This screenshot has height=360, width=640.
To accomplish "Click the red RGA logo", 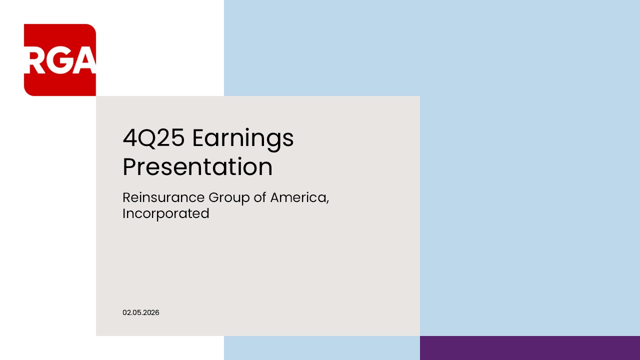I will click(60, 60).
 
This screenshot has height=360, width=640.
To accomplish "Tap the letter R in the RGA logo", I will click(35, 62).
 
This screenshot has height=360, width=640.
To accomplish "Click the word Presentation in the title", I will click(197, 167).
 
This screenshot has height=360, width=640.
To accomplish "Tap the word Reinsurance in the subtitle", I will click(163, 197).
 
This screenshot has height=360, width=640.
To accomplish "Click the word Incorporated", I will click(165, 214).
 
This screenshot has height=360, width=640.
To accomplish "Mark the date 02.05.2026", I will click(141, 312).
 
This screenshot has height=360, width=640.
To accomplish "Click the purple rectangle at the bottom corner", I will click(530, 348).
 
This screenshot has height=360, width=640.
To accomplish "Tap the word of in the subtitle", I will click(260, 197).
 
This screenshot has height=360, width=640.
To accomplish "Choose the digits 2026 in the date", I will click(151, 312).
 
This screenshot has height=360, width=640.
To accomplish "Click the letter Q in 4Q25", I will click(148, 139).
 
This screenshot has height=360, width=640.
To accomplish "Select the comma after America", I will click(327, 202).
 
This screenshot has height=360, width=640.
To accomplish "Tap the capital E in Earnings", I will click(198, 138).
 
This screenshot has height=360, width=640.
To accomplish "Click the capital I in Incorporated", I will click(124, 213).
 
